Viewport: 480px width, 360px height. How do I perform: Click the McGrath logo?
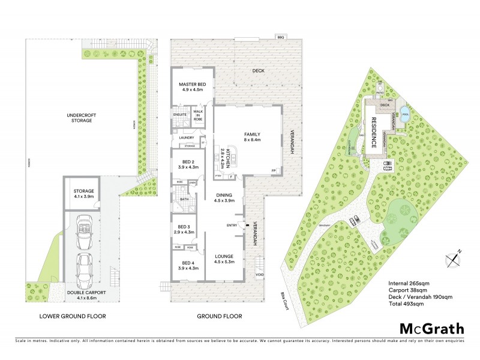[x=432, y=328]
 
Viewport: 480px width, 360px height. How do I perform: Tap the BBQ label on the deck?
[x=279, y=37]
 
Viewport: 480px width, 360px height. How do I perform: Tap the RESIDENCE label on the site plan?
[x=373, y=133]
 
